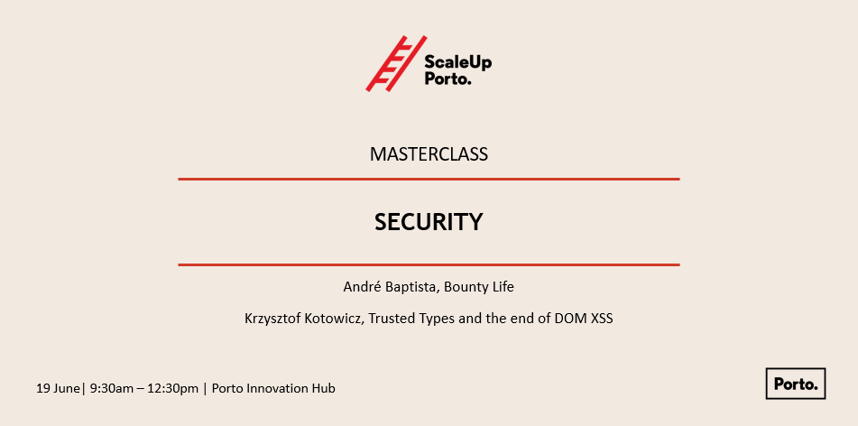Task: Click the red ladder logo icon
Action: [396, 63]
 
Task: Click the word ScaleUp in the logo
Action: [458, 62]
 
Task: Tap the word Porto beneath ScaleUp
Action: [447, 79]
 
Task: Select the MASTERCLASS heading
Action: [429, 154]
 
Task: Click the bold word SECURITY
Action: [429, 222]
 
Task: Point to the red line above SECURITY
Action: [429, 179]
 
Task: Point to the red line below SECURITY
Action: [429, 265]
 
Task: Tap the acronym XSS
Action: [602, 318]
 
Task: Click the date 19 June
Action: [58, 389]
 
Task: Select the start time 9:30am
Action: [112, 389]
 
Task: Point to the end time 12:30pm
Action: [173, 389]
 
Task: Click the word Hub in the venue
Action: [324, 389]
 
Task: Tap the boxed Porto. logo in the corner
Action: [796, 384]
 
